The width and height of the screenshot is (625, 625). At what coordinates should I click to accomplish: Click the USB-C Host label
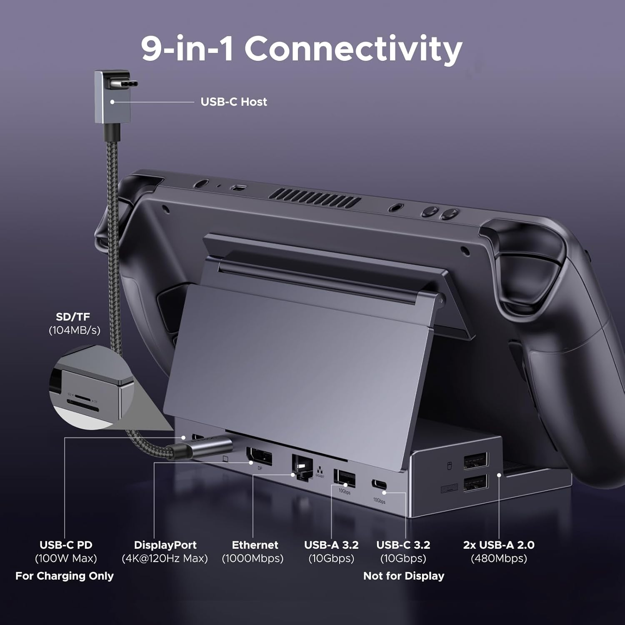point(233,102)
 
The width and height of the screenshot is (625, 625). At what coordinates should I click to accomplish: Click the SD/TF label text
point(73,317)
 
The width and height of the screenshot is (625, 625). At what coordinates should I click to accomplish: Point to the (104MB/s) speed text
point(75,330)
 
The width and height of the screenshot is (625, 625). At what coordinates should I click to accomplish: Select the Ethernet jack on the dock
point(302,467)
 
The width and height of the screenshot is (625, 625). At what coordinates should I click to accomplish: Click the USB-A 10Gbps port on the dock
point(345,478)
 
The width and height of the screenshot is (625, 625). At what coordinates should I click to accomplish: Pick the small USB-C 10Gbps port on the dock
point(378,485)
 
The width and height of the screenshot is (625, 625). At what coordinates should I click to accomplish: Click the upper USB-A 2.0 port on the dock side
point(475,461)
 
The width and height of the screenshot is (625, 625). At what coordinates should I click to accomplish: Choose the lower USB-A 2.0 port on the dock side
point(475,483)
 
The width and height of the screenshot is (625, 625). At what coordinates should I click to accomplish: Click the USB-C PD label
point(66,545)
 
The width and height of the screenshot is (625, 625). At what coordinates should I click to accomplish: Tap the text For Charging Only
point(65,576)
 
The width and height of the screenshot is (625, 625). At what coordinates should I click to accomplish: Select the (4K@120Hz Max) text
point(165,558)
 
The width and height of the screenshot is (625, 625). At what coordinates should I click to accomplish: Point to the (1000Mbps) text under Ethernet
point(252,558)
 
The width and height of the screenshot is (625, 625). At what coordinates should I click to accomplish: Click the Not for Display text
point(403,576)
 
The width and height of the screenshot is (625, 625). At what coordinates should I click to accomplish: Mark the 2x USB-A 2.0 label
point(499,545)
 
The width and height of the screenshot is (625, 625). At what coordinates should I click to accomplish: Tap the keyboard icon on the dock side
point(449,488)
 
